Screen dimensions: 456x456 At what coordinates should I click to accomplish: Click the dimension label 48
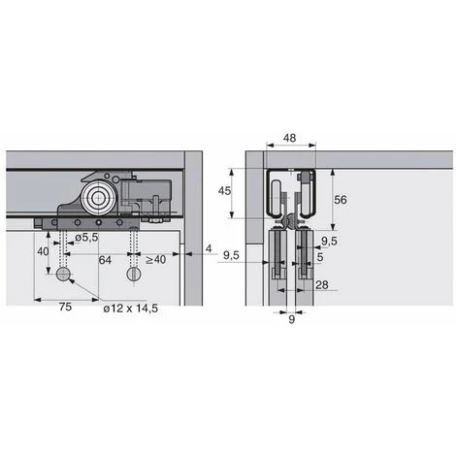click(289, 138)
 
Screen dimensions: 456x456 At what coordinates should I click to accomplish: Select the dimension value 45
click(224, 191)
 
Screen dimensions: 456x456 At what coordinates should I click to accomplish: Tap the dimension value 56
click(341, 200)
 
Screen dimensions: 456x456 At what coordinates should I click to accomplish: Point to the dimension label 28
click(322, 285)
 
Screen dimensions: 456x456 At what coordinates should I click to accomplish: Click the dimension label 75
click(65, 307)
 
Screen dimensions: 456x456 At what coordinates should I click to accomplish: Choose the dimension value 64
click(105, 260)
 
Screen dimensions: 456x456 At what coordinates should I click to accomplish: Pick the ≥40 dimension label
click(155, 260)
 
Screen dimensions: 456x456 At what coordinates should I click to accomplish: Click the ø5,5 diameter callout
click(86, 238)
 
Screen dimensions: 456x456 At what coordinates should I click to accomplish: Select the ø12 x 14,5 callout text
click(131, 309)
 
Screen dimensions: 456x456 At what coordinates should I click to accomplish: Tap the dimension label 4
click(209, 248)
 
